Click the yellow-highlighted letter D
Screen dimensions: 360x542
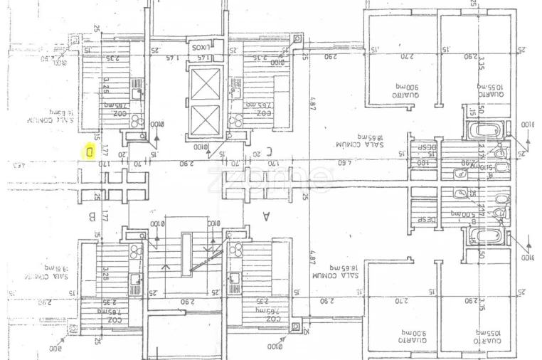[90, 151]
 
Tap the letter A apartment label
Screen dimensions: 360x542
[267, 215]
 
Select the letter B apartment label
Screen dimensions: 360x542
[92, 215]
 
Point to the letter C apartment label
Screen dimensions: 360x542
[268, 150]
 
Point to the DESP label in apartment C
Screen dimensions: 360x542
[425, 147]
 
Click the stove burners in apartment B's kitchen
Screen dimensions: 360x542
[135, 249]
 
